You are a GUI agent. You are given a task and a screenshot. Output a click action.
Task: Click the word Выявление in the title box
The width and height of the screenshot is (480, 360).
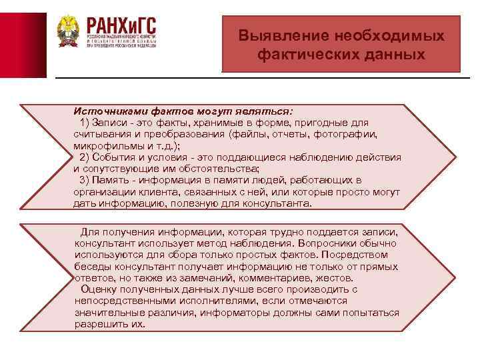[274, 36]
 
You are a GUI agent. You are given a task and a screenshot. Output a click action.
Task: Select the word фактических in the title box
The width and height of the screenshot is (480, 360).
[298, 53]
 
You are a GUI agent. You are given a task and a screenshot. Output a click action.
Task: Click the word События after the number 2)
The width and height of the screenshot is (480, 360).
[116, 157]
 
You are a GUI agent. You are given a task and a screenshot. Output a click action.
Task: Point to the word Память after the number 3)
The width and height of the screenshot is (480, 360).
[113, 180]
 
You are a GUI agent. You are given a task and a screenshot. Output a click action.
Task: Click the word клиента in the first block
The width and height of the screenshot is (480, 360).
[155, 191]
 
